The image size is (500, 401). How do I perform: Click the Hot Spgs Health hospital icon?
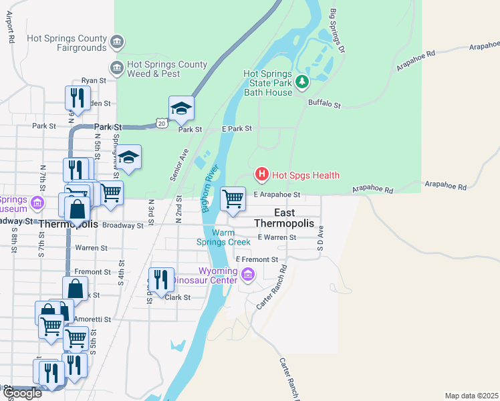coord(262,175)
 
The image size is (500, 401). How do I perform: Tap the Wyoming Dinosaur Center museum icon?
coord(248,274)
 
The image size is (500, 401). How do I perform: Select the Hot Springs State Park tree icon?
coord(303,82)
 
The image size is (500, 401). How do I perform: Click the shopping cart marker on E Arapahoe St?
coord(233,198)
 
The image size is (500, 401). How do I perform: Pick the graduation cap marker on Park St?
coord(181,108)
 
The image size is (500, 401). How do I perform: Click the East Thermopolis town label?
coord(285,217)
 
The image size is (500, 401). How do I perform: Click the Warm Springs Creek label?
coord(231,237)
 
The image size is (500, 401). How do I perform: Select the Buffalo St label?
coord(324,104)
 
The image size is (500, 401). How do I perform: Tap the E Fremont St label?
coord(256,259)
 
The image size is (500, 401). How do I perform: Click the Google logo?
coord(22,393)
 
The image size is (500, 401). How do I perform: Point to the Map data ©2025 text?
coord(471,396)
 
